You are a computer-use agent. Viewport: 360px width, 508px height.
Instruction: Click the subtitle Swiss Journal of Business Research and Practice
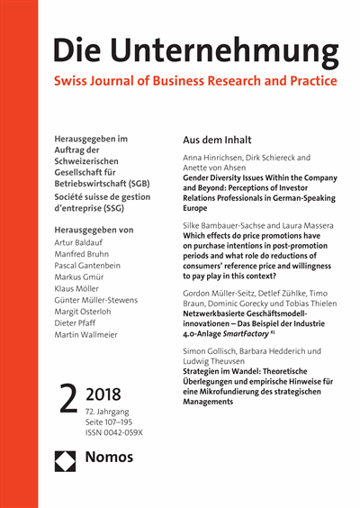[x=195, y=82]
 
